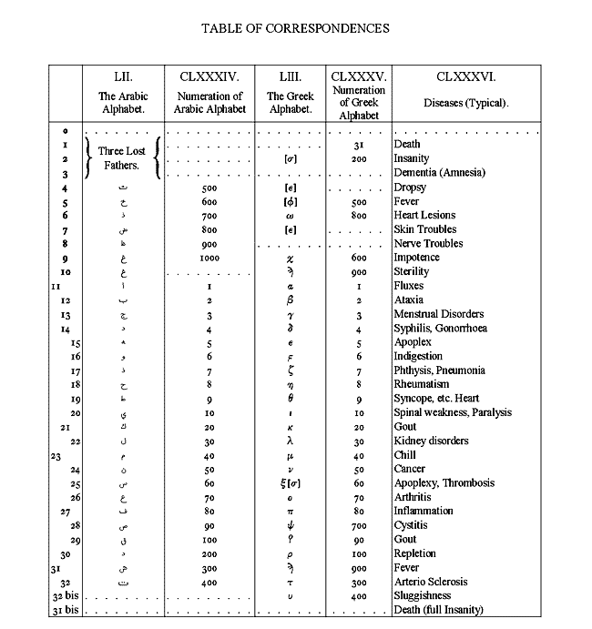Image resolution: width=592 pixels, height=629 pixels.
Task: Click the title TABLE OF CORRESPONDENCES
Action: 295,28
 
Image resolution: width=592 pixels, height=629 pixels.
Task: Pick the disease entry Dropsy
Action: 410,188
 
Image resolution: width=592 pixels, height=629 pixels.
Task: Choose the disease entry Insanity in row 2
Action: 414,158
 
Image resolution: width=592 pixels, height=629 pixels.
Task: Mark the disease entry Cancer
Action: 410,470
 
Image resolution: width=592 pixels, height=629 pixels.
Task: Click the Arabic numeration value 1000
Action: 209,258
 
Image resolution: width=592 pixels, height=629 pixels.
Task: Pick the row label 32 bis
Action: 60,596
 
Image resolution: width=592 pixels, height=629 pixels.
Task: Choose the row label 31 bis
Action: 60,610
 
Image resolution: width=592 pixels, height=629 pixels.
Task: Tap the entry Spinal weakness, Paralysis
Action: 453,413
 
